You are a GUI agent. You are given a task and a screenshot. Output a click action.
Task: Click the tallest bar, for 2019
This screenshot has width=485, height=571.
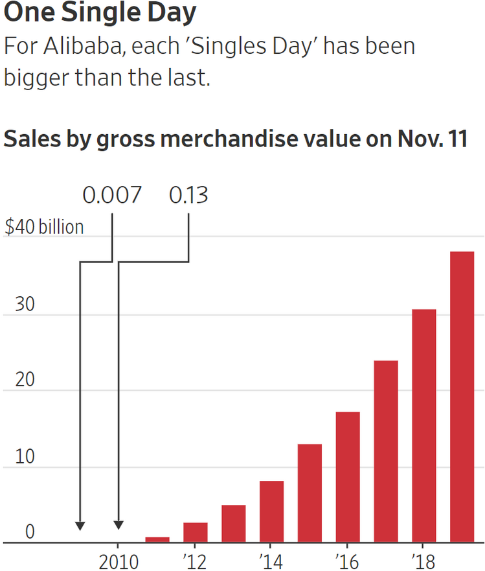(462, 397)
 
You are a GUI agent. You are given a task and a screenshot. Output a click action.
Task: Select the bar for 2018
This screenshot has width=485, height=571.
(424, 426)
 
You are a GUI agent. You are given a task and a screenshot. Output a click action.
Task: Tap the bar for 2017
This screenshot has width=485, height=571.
(386, 451)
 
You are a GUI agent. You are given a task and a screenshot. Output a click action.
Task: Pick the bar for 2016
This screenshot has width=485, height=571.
(348, 477)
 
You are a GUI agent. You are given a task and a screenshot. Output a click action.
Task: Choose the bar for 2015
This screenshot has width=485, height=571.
(310, 493)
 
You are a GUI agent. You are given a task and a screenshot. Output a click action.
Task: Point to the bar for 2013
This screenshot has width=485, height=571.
(233, 524)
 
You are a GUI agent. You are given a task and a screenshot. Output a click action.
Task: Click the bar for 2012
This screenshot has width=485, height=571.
(195, 532)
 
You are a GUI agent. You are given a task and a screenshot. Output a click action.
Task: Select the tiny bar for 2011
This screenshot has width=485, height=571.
(157, 539)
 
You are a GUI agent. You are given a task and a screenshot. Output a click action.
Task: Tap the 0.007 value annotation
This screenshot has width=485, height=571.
(111, 195)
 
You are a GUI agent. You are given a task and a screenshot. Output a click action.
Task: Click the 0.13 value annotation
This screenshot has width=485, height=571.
(188, 195)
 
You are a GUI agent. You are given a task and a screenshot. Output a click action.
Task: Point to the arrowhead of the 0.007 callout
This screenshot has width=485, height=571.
(80, 526)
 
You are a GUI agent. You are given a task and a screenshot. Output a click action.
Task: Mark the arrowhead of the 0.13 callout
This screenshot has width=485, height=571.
(118, 526)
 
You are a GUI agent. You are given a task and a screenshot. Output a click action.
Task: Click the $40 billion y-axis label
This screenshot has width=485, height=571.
(44, 227)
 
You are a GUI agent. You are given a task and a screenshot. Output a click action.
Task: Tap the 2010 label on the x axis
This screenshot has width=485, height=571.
(118, 561)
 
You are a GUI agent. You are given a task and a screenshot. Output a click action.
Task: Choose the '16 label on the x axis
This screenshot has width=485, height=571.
(348, 561)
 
